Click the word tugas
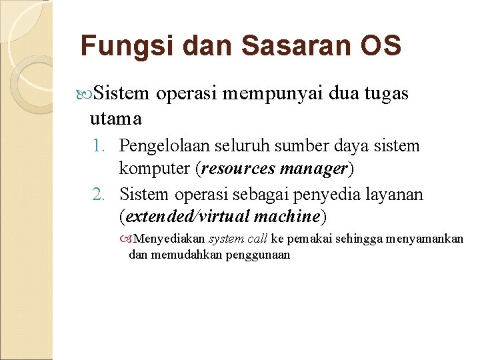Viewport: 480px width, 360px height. click(x=387, y=95)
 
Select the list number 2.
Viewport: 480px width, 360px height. click(x=101, y=194)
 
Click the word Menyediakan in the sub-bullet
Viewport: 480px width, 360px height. click(x=170, y=239)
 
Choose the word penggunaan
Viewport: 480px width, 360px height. click(x=257, y=254)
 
